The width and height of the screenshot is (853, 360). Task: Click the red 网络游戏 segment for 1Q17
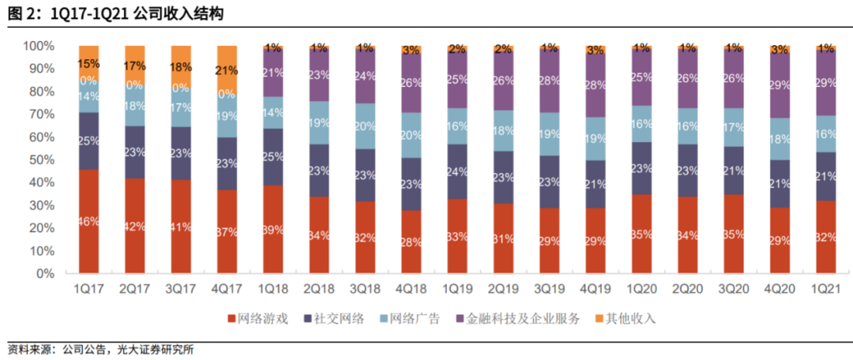(x=89, y=222)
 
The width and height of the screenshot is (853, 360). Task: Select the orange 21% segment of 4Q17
(x=227, y=69)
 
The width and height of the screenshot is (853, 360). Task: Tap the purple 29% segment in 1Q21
(x=825, y=83)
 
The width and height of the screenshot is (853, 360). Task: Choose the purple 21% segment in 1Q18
(x=273, y=73)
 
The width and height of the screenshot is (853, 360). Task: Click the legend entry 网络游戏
(x=257, y=319)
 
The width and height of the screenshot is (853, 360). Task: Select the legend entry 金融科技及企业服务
(x=517, y=319)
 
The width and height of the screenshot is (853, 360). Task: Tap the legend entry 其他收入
(x=626, y=319)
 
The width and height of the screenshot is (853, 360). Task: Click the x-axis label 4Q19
(x=595, y=288)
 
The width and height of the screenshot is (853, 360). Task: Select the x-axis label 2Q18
(x=319, y=288)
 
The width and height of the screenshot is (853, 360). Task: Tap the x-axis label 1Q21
(x=825, y=288)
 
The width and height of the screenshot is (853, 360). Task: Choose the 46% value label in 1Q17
(x=89, y=222)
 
